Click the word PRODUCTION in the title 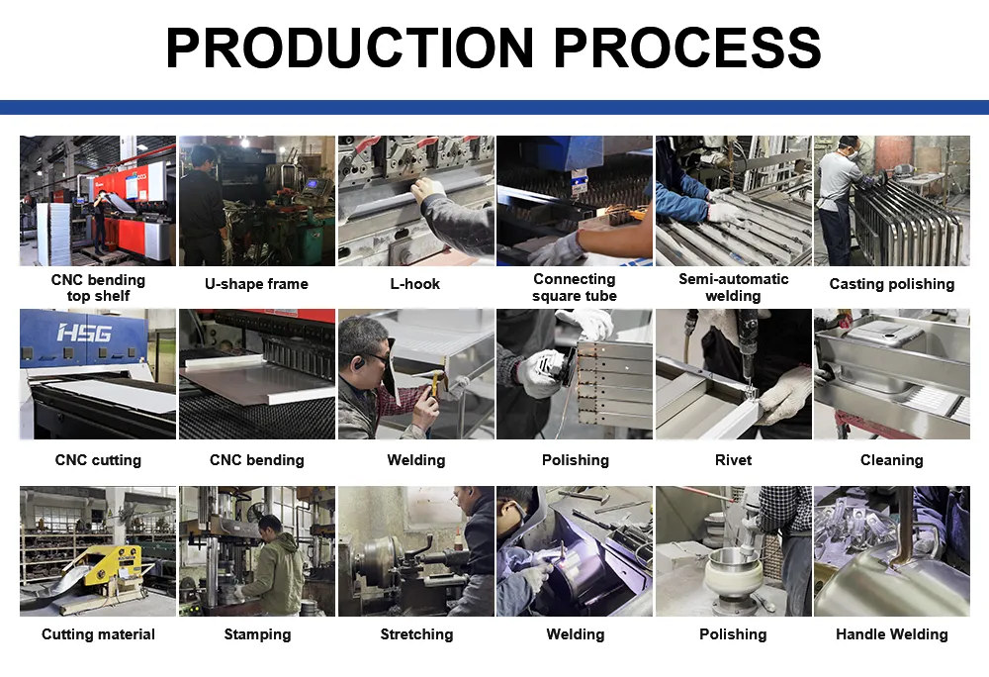(x=350, y=48)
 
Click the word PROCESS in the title (x=687, y=48)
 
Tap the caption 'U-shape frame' (x=257, y=284)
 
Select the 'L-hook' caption (x=415, y=284)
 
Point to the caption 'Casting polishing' (x=892, y=284)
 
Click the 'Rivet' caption (x=733, y=460)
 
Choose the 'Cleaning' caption (x=892, y=460)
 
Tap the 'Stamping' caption (x=257, y=634)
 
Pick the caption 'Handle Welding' (x=892, y=634)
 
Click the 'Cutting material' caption (x=98, y=634)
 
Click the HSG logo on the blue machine (x=84, y=333)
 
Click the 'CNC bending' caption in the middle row (x=257, y=460)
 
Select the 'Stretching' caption (x=416, y=634)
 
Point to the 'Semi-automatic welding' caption (x=733, y=287)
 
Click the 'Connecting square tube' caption (x=575, y=287)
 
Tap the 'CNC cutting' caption (x=98, y=460)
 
